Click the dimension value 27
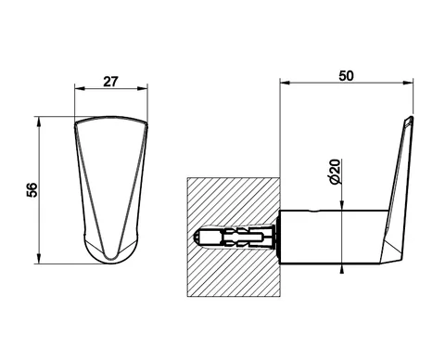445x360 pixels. pos(110,82)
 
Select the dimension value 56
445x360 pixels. pos(32,190)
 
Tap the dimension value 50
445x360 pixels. pos(346,76)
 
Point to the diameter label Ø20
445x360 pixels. pos(336,172)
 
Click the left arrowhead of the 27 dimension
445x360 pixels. pos(79,89)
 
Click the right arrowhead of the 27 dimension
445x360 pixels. pos(143,89)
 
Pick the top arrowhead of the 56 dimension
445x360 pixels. pos(39,122)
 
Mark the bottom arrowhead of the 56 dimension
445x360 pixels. pos(39,259)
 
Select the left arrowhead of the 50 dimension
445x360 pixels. pos(285,83)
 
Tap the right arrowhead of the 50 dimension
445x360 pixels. pos(408,83)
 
